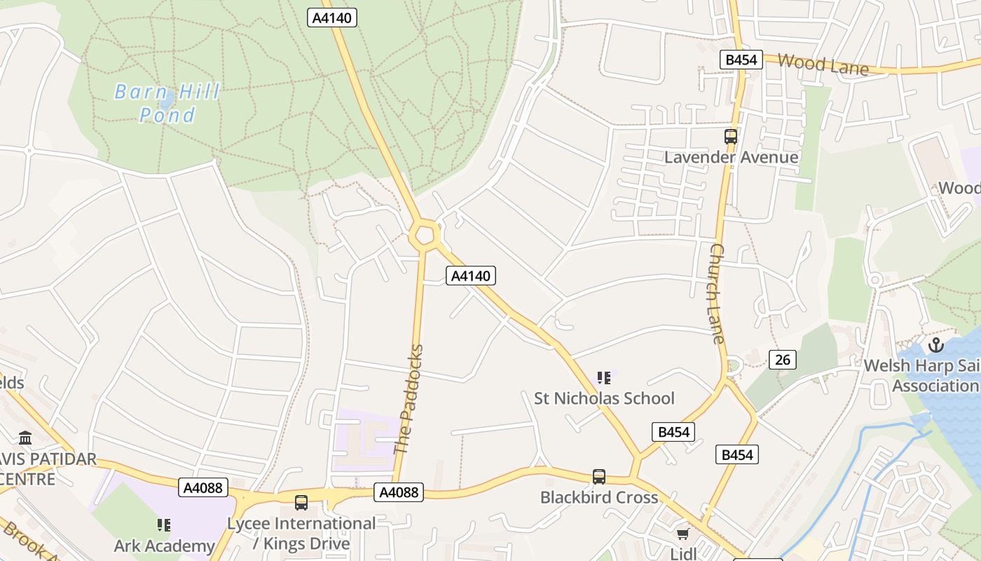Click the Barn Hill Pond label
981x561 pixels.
pos(167,102)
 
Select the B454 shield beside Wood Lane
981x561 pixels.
pos(741,60)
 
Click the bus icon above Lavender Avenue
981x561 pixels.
pos(731,137)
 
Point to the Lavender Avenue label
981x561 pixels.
pos(731,157)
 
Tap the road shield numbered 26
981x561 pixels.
pos(783,360)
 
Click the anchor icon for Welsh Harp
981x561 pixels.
pos(935,345)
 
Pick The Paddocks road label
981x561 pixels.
pos(409,400)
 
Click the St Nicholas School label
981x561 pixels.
pos(604,398)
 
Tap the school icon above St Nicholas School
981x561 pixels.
pos(604,379)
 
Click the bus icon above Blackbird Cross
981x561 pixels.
pos(599,477)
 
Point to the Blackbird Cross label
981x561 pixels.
pos(599,497)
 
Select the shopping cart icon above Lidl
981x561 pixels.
pos(682,534)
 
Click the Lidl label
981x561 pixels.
pos(682,553)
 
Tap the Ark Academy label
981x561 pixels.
pos(165,546)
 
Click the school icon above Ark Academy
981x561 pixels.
pos(164,525)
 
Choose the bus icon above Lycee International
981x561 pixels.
pos(301,502)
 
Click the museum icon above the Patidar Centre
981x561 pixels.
pos(26,438)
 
